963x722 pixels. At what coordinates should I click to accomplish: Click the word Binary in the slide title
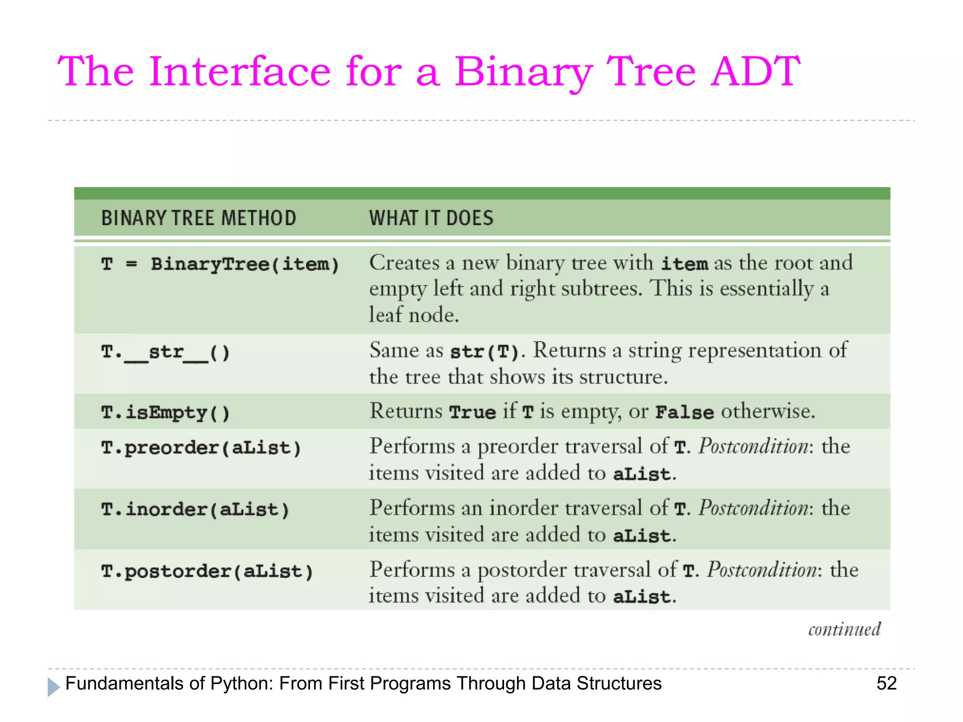click(522, 71)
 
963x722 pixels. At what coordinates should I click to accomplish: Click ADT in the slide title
click(755, 71)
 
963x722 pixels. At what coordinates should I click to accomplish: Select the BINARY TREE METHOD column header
click(198, 218)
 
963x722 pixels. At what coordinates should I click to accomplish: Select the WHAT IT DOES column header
click(431, 218)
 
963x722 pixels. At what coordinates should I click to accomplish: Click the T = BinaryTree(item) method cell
click(220, 264)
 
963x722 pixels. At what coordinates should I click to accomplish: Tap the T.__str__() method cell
click(166, 352)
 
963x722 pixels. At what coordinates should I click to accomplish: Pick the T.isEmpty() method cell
click(166, 413)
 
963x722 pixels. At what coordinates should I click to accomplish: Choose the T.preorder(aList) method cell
click(201, 447)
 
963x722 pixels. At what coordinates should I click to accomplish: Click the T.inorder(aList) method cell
click(195, 510)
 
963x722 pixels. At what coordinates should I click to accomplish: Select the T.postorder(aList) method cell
click(207, 572)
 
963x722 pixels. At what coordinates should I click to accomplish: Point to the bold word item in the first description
click(684, 264)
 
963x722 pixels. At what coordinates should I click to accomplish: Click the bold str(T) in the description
click(484, 352)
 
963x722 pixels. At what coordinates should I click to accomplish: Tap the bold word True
click(472, 412)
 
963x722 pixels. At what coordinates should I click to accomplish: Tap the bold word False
click(684, 412)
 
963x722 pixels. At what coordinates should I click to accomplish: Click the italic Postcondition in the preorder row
click(755, 446)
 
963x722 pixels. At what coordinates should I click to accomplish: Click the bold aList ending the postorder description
click(641, 597)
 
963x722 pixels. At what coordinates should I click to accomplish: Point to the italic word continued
click(845, 629)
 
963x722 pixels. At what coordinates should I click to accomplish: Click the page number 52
click(886, 683)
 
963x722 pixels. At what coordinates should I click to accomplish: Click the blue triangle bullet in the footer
click(53, 687)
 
